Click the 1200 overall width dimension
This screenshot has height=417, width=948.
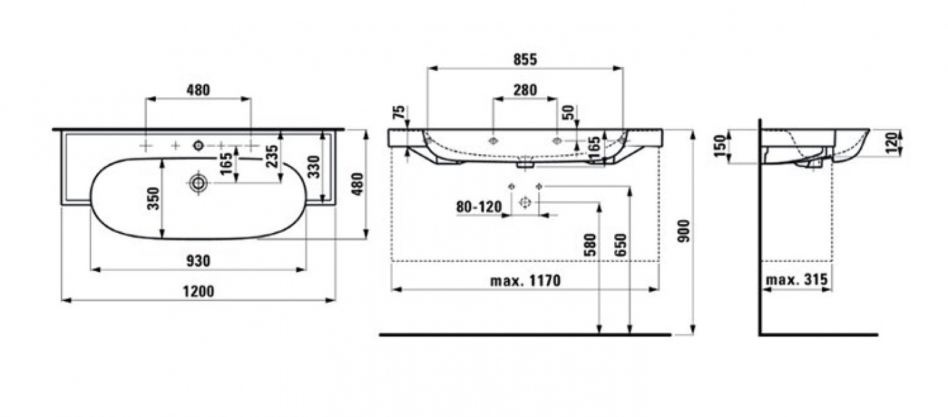point(198,291)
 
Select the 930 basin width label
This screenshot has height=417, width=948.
point(198,261)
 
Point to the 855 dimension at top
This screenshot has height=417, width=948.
point(525,60)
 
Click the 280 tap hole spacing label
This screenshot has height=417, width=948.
point(525,90)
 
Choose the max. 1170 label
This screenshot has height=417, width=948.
point(525,280)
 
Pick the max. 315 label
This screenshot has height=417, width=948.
point(796,280)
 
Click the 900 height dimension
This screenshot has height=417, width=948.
point(684,231)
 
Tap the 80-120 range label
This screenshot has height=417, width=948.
point(479,207)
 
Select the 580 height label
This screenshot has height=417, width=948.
point(590,245)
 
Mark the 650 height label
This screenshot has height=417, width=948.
point(620,245)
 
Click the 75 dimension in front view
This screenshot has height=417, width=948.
point(399,113)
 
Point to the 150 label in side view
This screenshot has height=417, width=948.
point(719,146)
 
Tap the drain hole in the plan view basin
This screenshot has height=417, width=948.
point(198,183)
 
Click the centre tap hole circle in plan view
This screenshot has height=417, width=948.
point(198,146)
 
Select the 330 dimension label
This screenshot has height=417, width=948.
point(314,167)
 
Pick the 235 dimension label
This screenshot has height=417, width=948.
point(273,156)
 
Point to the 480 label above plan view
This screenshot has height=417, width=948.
point(198,90)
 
